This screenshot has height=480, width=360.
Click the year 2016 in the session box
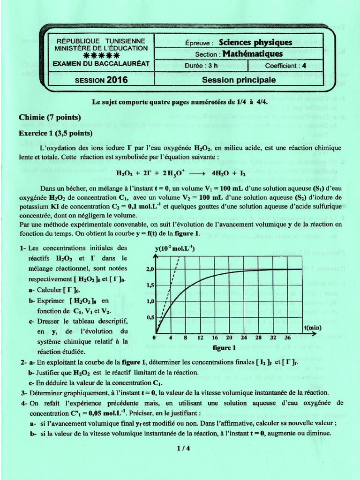[x=117, y=80]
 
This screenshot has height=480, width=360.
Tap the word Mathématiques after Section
[x=253, y=54]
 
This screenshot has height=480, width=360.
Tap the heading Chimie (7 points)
[x=50, y=117]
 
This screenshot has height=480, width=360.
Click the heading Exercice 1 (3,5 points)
[x=56, y=133]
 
